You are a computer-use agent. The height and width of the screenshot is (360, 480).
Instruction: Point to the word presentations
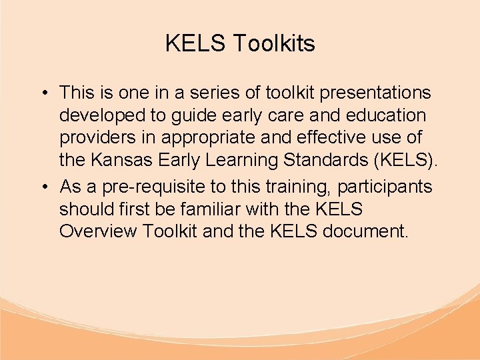point(373,93)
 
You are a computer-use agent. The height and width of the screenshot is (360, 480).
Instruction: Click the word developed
point(103,115)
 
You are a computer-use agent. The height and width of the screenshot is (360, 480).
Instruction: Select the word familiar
point(209,209)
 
